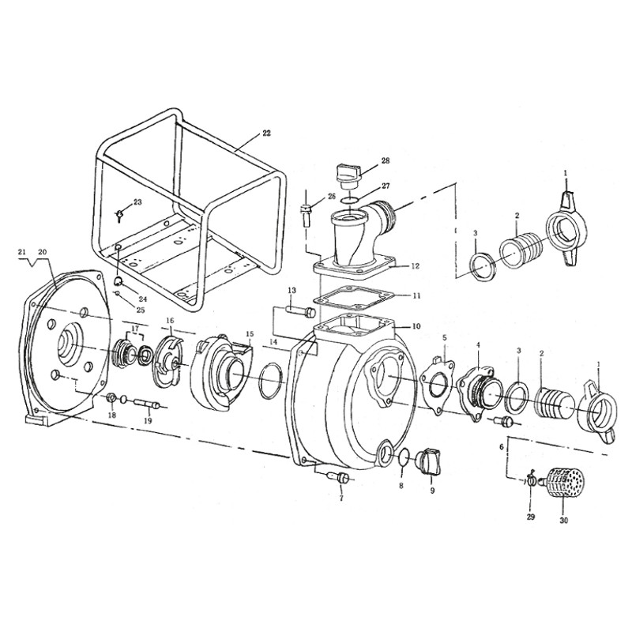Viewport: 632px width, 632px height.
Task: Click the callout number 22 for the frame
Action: (x=266, y=133)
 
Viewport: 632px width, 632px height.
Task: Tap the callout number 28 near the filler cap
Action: (x=386, y=160)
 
